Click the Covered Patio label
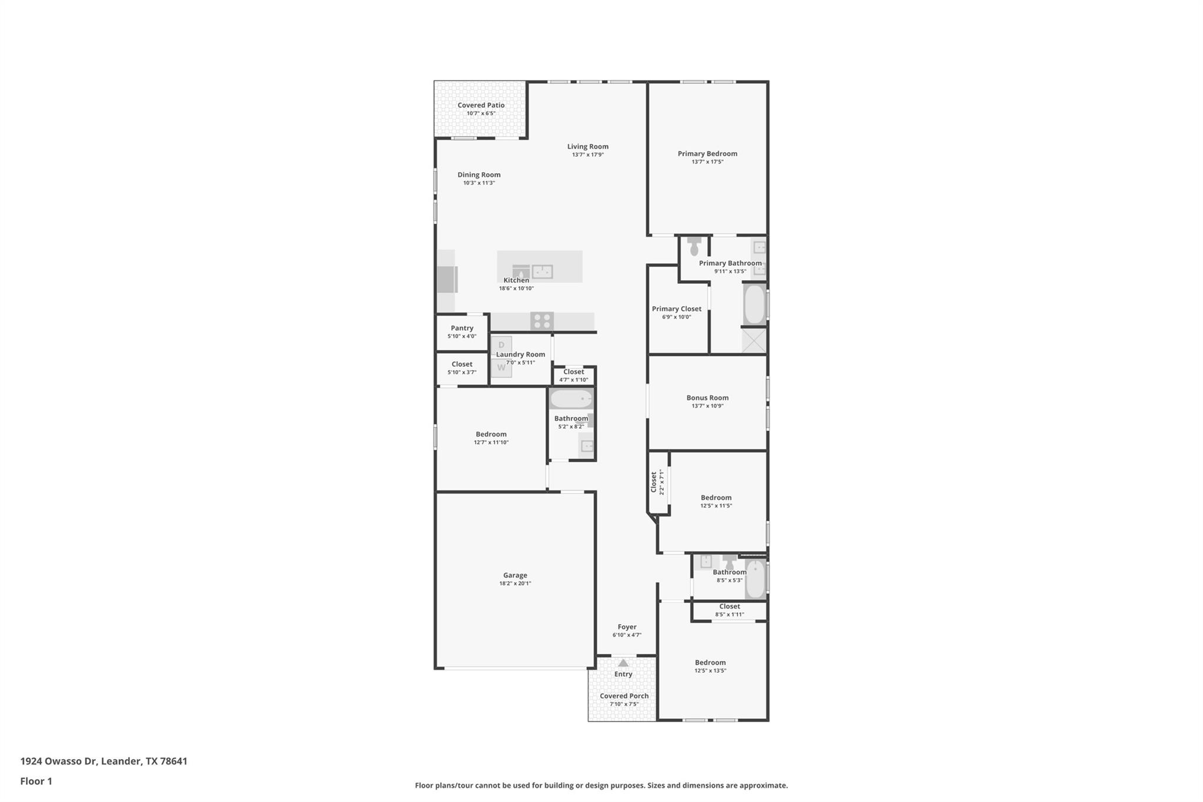coord(481,105)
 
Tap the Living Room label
coord(587,147)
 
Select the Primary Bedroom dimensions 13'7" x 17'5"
coord(707,162)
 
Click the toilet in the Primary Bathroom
coord(694,246)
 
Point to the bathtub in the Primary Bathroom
coord(754,304)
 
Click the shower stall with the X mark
coord(754,341)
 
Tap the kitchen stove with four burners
coord(542,321)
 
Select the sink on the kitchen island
coord(542,271)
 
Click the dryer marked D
coord(502,345)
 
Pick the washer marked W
coord(501,368)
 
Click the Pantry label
coord(462,328)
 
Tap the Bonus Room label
coord(707,398)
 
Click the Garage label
coord(515,575)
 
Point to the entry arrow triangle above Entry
coord(623,663)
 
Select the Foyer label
coord(627,627)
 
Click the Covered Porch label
coord(624,696)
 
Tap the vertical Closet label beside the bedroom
coord(654,482)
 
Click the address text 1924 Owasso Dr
coord(58,761)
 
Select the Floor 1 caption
coord(36,781)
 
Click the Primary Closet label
coord(677,309)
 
